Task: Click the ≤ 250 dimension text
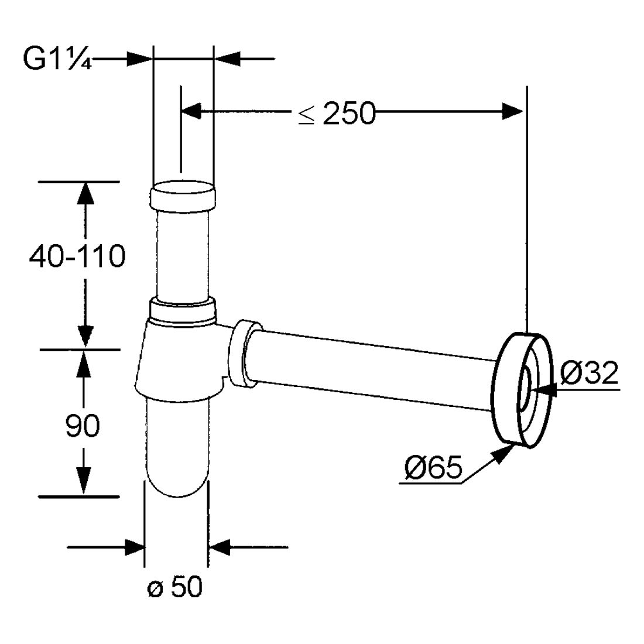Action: coord(337,113)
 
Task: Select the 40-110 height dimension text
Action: coord(77,256)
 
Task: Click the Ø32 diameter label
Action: coord(590,373)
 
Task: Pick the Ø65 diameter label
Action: coord(433,467)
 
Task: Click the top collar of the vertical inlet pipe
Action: coord(183,196)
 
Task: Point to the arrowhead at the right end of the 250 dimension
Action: coord(513,111)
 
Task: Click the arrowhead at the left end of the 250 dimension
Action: coord(191,111)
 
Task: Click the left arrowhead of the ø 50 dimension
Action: coord(135,547)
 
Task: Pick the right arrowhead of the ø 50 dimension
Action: coord(218,547)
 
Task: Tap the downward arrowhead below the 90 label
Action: coord(83,481)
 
